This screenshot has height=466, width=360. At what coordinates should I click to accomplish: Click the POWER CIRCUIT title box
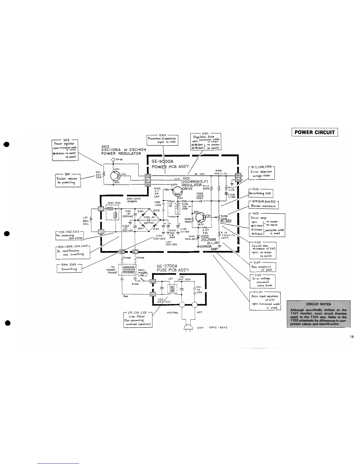tap(314, 132)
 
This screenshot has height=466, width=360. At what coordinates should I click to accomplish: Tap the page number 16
tap(352, 337)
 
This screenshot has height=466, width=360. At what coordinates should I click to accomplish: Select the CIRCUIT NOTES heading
tap(318, 304)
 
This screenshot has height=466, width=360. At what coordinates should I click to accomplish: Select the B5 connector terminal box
tap(238, 180)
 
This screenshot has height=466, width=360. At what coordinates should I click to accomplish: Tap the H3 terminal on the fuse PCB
tap(153, 281)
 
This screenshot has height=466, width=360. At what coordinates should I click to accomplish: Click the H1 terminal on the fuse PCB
tap(153, 294)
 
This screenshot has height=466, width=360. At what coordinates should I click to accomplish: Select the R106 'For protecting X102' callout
tap(261, 193)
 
